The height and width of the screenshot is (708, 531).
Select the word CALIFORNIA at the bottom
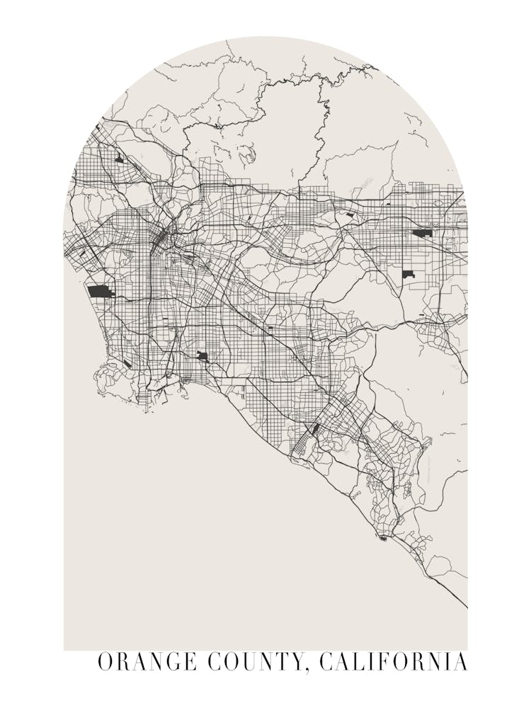[x=393, y=662]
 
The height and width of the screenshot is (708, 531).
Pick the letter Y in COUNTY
[x=298, y=662]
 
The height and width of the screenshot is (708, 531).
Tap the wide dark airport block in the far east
[x=423, y=232]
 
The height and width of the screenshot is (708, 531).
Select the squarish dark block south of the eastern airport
[x=408, y=274]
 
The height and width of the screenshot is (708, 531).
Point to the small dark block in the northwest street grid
[x=119, y=159]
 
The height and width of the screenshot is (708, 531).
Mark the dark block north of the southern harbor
[x=202, y=355]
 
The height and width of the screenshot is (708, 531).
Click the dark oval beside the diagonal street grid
[x=315, y=428]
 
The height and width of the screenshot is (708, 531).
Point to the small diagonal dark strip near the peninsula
[x=127, y=364]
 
